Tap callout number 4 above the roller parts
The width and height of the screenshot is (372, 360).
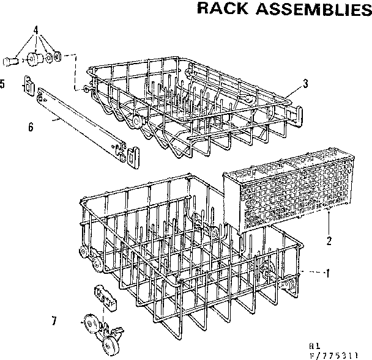click(x=35, y=30)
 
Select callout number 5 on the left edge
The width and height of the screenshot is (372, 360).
click(x=3, y=84)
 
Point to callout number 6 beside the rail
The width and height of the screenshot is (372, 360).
click(x=30, y=127)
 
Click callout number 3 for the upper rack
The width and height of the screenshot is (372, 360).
click(x=305, y=84)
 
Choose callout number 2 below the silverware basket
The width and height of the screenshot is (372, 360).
click(x=329, y=240)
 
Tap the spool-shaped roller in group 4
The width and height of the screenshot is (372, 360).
click(x=34, y=59)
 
